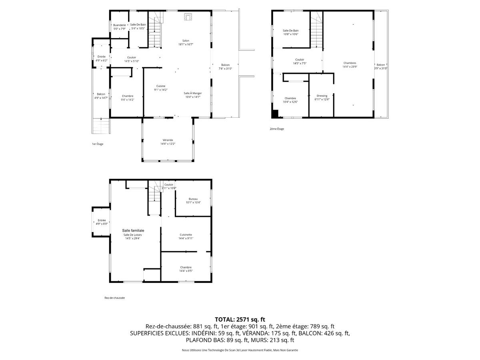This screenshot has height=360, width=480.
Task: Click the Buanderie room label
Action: pos(119,27)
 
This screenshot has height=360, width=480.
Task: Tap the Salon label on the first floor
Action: pos(186,42)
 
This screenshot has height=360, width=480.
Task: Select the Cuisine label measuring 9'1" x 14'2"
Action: pos(161,88)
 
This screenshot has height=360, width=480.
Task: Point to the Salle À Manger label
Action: pos(193,95)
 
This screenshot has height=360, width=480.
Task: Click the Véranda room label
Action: pos(168,142)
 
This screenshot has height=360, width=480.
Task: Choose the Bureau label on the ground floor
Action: pos(193,200)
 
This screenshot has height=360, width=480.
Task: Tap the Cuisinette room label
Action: pos(186,236)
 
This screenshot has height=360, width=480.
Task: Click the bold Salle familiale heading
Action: pos(133,230)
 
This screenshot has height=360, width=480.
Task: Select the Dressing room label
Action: pos(322,98)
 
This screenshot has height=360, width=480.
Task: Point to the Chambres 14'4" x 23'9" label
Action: pos(350,65)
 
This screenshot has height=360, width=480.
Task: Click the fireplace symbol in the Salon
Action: pos(188,16)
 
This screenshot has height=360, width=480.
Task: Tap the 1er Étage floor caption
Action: pos(97,144)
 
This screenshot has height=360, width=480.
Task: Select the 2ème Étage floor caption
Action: pos(277,129)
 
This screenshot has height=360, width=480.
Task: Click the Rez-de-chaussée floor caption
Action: pos(114,298)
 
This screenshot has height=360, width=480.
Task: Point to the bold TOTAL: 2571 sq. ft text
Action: pos(240,319)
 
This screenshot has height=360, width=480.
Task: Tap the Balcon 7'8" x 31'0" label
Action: pos(225,67)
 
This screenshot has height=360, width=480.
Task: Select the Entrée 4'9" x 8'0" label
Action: pos(102,222)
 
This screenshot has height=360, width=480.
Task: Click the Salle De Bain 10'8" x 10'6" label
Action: pos(290,32)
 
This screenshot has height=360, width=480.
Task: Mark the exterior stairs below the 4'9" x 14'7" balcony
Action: pos(101,126)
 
